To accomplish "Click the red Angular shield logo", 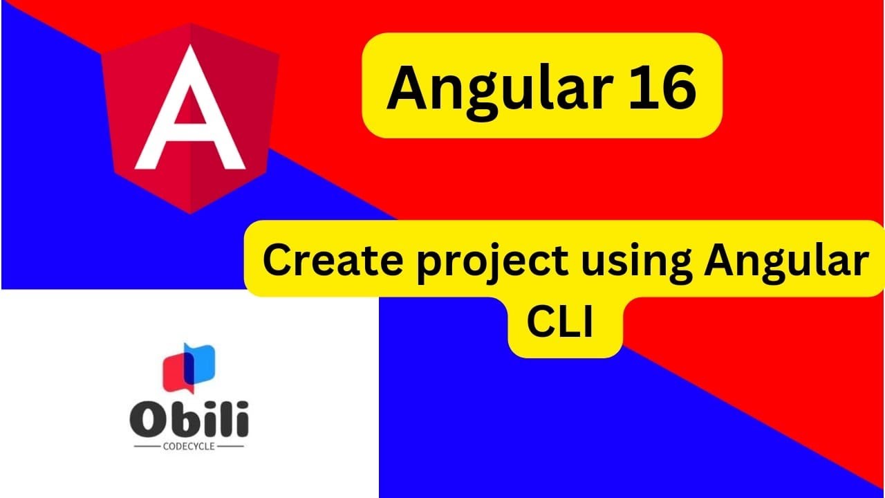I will click(190, 118).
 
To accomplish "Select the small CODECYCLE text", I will click(189, 446).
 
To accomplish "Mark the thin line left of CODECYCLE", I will click(147, 447).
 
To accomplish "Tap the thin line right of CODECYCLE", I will click(230, 447).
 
